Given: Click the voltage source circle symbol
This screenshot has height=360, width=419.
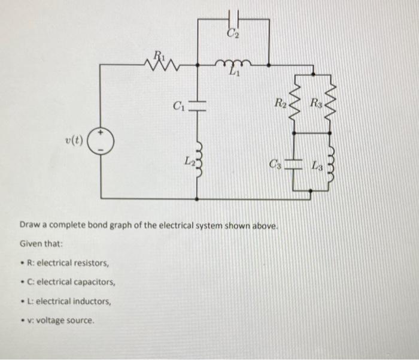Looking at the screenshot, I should click(x=100, y=141).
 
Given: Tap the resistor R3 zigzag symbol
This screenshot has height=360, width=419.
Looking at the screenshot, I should click(x=327, y=98).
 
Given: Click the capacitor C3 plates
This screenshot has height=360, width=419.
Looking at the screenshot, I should click(x=294, y=164).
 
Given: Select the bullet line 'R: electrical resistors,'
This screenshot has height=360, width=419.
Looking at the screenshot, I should click(x=65, y=263).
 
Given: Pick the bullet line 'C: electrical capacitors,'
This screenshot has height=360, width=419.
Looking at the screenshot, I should click(x=68, y=282).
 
